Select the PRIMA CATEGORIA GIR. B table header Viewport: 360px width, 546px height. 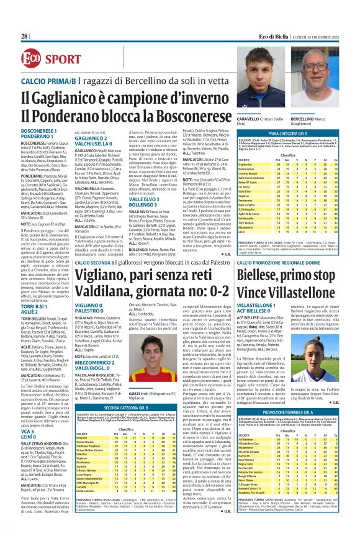pos(287,134)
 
